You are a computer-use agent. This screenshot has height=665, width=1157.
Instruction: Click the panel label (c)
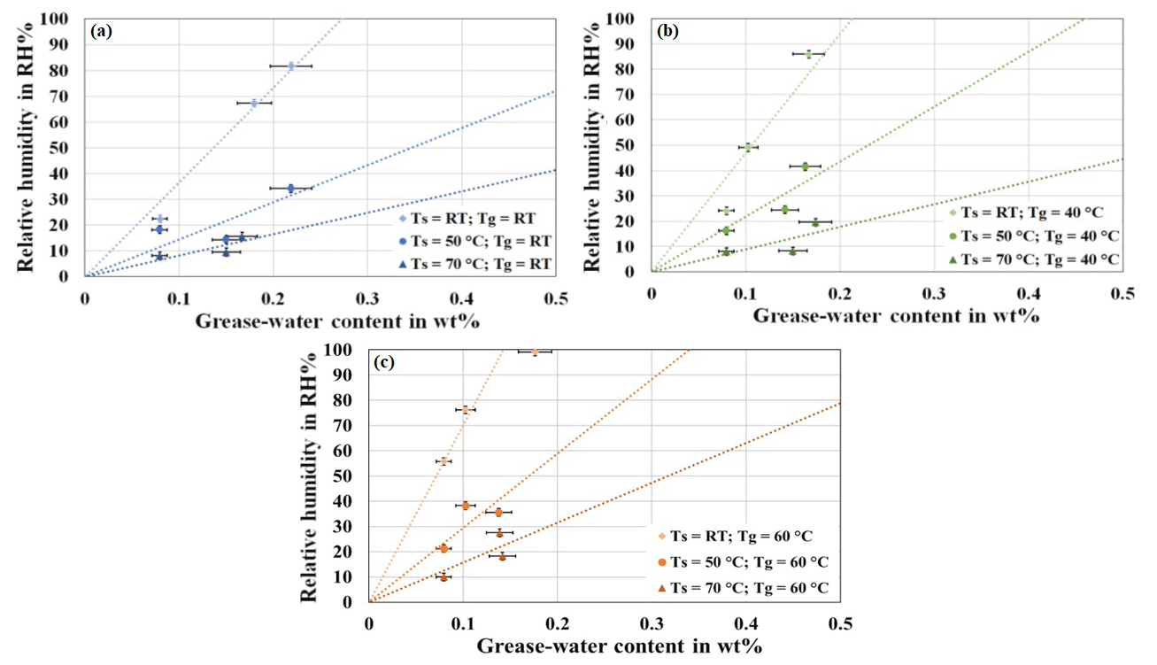pyautogui.click(x=387, y=362)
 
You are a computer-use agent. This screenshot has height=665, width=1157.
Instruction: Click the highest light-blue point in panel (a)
pyautogui.click(x=290, y=66)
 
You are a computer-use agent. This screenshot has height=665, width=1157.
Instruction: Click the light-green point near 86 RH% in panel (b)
pyautogui.click(x=808, y=54)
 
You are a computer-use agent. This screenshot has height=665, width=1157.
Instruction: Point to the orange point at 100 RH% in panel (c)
pyautogui.click(x=534, y=352)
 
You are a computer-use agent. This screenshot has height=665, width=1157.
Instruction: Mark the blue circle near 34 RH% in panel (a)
pyautogui.click(x=290, y=188)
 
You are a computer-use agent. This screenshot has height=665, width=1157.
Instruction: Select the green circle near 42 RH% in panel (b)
pyautogui.click(x=805, y=166)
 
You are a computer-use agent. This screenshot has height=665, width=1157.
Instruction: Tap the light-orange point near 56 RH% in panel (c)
pyautogui.click(x=444, y=461)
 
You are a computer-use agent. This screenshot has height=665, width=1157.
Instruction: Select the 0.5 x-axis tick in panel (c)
pyautogui.click(x=840, y=623)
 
